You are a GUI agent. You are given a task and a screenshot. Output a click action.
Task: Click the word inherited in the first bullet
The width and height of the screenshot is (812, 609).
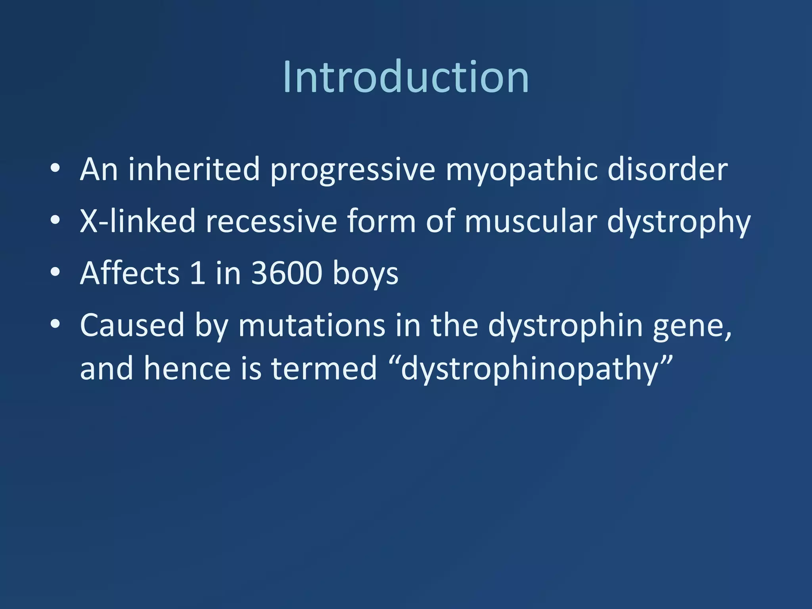pyautogui.click(x=193, y=169)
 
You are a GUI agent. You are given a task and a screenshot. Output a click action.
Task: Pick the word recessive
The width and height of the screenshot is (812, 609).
pyautogui.click(x=271, y=222)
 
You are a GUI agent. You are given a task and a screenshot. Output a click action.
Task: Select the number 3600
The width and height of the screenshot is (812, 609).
pyautogui.click(x=287, y=273)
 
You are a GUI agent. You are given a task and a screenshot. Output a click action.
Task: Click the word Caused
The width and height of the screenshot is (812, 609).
pyautogui.click(x=132, y=325)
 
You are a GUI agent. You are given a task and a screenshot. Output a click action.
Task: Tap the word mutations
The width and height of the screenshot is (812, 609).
pyautogui.click(x=311, y=325)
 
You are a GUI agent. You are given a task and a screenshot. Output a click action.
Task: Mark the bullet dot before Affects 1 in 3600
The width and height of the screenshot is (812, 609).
pyautogui.click(x=56, y=272)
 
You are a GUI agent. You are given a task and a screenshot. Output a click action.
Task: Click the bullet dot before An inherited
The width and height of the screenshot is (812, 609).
pyautogui.click(x=56, y=168)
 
